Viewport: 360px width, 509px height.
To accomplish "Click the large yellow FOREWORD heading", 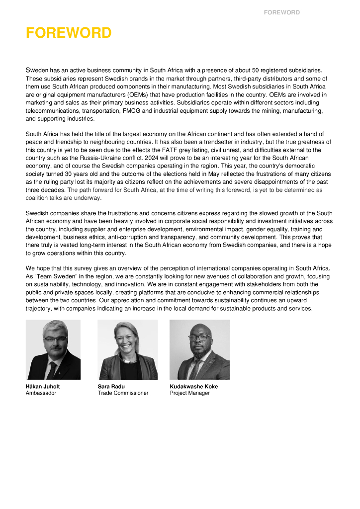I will [69, 33].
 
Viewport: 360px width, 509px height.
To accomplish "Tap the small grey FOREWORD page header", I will [281, 12].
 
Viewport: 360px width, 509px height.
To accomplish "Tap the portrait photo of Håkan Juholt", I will [53, 349].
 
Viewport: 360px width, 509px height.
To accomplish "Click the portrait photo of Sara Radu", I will [128, 349].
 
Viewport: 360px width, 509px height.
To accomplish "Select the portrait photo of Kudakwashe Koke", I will [199, 349].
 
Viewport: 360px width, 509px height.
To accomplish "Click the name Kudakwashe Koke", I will [193, 386].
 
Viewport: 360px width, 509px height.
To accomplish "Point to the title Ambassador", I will [41, 393].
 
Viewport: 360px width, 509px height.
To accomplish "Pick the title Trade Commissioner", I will [123, 393].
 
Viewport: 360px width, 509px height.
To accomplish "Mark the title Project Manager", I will [189, 393].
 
